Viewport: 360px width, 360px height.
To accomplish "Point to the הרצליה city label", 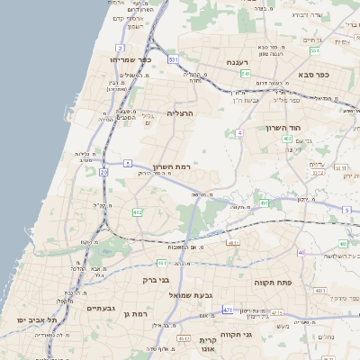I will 180,113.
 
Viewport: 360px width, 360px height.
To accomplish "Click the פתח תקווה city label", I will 270,283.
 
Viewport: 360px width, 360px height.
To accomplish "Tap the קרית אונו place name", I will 208,346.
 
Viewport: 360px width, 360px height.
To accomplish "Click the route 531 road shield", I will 173,59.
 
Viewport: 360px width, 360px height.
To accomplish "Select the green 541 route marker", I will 245,74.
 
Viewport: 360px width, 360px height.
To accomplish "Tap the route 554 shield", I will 339,50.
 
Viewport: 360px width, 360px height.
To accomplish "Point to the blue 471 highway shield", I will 228,310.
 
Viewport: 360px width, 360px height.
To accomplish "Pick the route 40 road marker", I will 301,252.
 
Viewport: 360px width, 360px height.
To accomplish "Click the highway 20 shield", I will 103,170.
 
